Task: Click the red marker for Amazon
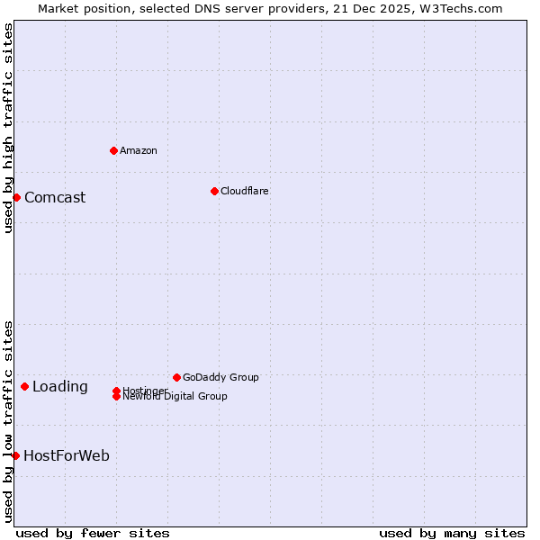[x=113, y=150]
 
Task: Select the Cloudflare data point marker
[x=214, y=191]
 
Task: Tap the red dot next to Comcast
[x=16, y=197]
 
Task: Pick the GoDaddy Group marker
[x=176, y=377]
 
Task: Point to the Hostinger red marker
[x=116, y=391]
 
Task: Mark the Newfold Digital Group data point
[x=116, y=397]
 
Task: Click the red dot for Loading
[x=24, y=387]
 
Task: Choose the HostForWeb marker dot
[x=15, y=456]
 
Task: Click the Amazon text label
[x=139, y=150]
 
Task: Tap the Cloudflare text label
[x=244, y=191]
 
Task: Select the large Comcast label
[x=55, y=198]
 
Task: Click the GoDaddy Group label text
[x=220, y=377]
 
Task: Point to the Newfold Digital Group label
[x=175, y=397]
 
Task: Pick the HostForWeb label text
[x=67, y=456]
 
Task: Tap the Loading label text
[x=60, y=387]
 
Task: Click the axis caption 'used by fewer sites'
[x=93, y=533]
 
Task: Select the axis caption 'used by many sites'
[x=452, y=533]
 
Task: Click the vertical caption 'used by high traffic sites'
[x=8, y=129]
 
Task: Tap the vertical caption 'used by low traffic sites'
[x=8, y=421]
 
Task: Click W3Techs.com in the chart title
[x=459, y=8]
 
